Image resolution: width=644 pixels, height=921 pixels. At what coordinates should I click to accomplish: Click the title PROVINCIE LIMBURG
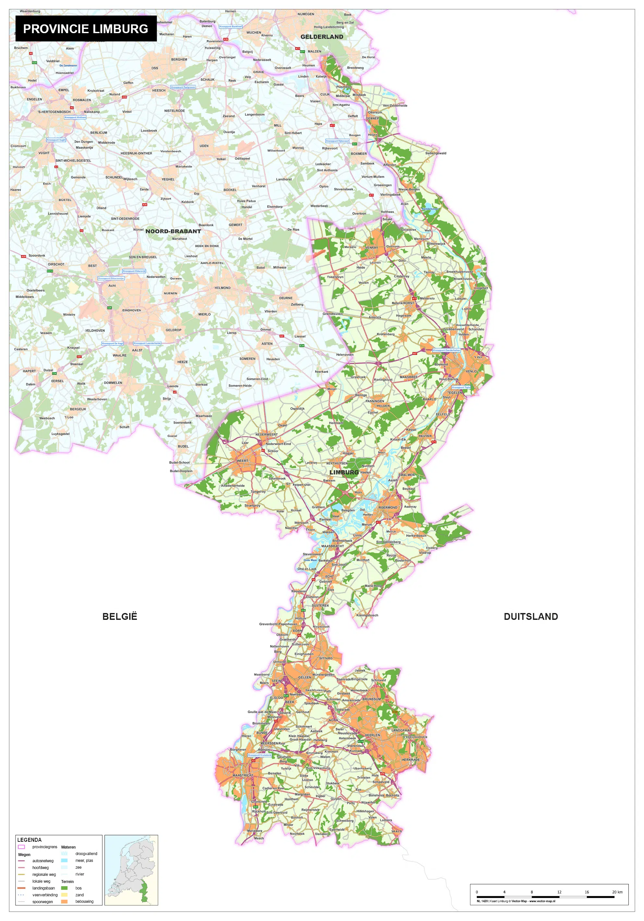click(85, 29)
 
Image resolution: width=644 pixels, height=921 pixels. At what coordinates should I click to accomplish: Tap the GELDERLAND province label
click(321, 37)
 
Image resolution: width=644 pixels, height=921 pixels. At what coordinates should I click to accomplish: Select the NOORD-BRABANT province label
click(173, 231)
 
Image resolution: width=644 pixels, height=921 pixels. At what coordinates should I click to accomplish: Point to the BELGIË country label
click(119, 617)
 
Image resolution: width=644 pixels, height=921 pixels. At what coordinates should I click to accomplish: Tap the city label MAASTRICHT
click(243, 775)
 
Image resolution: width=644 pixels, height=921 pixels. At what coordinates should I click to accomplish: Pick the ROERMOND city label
click(388, 507)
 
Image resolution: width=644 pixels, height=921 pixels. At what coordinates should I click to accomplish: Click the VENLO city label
click(471, 371)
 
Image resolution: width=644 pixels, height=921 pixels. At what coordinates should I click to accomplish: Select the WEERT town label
click(242, 461)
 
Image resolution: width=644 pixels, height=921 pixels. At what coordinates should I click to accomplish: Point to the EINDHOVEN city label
click(131, 311)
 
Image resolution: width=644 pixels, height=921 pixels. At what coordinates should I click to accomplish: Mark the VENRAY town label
click(371, 248)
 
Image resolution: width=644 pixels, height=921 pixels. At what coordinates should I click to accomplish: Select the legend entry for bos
click(78, 888)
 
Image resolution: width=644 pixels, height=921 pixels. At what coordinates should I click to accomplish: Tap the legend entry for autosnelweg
click(43, 861)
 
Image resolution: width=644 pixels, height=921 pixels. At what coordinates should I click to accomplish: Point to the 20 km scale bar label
click(617, 892)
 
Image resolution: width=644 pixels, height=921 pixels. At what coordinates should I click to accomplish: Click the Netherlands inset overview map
click(131, 870)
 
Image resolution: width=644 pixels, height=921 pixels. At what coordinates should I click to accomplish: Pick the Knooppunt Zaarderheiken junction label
click(446, 350)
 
